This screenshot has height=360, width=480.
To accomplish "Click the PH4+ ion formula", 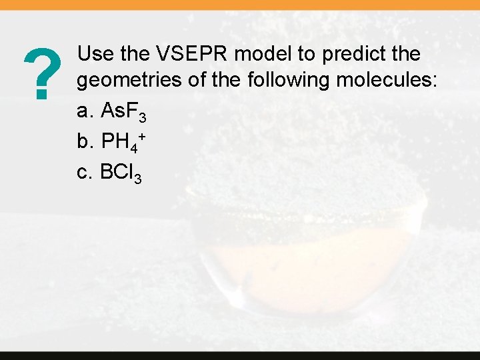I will coord(123,141).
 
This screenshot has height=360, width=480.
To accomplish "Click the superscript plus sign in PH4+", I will coord(143,135).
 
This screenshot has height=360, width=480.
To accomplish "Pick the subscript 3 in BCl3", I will coord(137,178).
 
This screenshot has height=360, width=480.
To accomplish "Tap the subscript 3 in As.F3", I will coord(141,118).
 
